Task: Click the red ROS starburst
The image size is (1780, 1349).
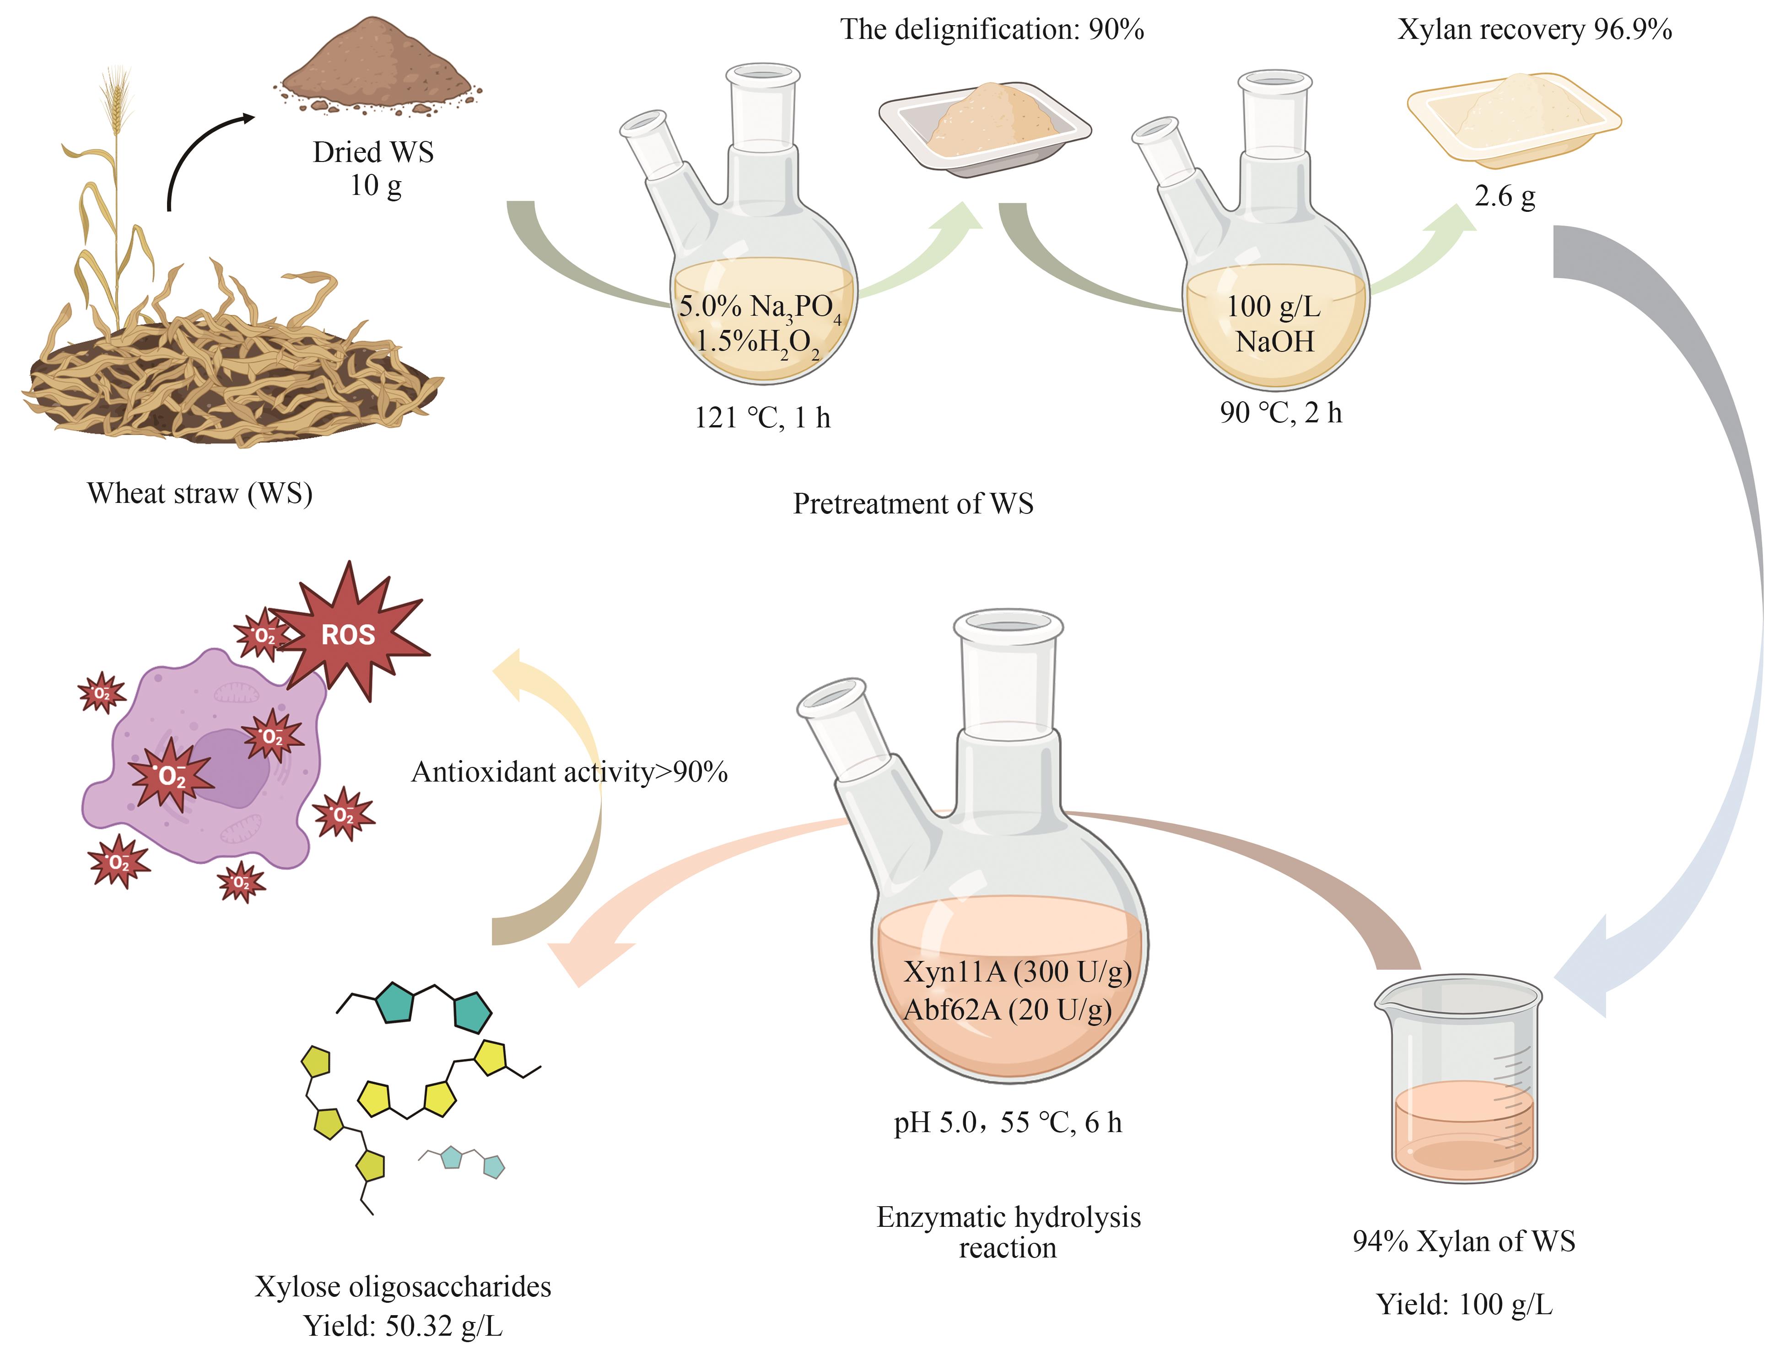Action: (348, 634)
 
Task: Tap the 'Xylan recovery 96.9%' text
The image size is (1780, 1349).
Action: (1535, 30)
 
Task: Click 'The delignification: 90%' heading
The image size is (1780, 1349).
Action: (992, 30)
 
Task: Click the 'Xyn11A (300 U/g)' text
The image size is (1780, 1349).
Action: (1017, 972)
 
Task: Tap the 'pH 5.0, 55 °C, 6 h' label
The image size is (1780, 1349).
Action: (1008, 1122)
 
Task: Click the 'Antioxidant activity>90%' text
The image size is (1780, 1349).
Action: (569, 772)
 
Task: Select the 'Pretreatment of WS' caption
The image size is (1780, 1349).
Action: (913, 504)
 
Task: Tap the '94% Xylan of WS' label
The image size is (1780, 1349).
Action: (1464, 1241)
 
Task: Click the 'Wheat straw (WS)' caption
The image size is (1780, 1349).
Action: (200, 492)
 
